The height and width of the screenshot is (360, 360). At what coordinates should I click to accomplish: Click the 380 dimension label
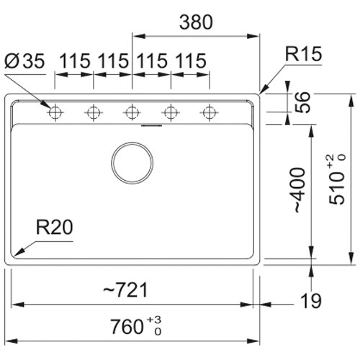click(x=196, y=22)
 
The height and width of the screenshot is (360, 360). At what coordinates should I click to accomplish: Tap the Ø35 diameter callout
click(x=24, y=61)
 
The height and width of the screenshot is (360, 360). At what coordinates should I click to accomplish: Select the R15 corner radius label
click(x=303, y=54)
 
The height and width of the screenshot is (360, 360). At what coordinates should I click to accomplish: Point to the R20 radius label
click(x=54, y=228)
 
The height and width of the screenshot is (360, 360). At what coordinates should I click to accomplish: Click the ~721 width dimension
click(x=125, y=290)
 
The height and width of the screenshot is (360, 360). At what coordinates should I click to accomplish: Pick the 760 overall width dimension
click(x=127, y=327)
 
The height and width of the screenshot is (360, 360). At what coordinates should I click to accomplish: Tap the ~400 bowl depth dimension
click(x=300, y=190)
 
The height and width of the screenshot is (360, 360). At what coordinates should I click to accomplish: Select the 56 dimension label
click(x=302, y=102)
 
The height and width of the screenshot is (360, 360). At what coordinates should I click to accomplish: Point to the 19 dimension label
click(x=311, y=301)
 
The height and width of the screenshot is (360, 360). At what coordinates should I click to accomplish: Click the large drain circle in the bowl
click(x=132, y=163)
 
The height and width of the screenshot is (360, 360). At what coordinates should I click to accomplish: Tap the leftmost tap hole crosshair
click(x=55, y=112)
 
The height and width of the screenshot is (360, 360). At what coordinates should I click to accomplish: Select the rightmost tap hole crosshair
click(x=210, y=112)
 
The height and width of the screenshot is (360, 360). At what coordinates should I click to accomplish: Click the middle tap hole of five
click(x=132, y=112)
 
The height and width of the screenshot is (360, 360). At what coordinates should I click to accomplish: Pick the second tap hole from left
click(x=94, y=112)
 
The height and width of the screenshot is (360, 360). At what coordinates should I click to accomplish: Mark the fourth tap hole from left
click(x=171, y=112)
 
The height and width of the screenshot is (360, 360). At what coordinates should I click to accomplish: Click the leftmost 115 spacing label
click(x=75, y=61)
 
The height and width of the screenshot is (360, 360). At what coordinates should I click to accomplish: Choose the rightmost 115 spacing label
click(x=191, y=61)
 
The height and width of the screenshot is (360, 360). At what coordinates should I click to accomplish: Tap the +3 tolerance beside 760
click(x=154, y=320)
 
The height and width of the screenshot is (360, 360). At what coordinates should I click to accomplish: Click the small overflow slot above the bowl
click(x=152, y=125)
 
